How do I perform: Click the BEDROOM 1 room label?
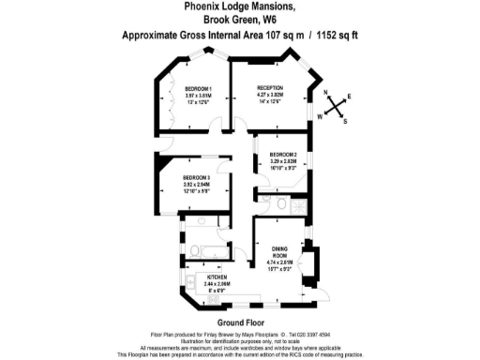coord(197,88)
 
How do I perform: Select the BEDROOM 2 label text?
coord(283,154)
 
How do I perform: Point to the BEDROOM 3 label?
coord(195,178)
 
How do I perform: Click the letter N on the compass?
coord(327,92)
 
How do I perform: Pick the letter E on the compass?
coord(350,97)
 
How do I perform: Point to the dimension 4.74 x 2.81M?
coord(282,262)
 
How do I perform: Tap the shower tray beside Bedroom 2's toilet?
coord(299,203)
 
